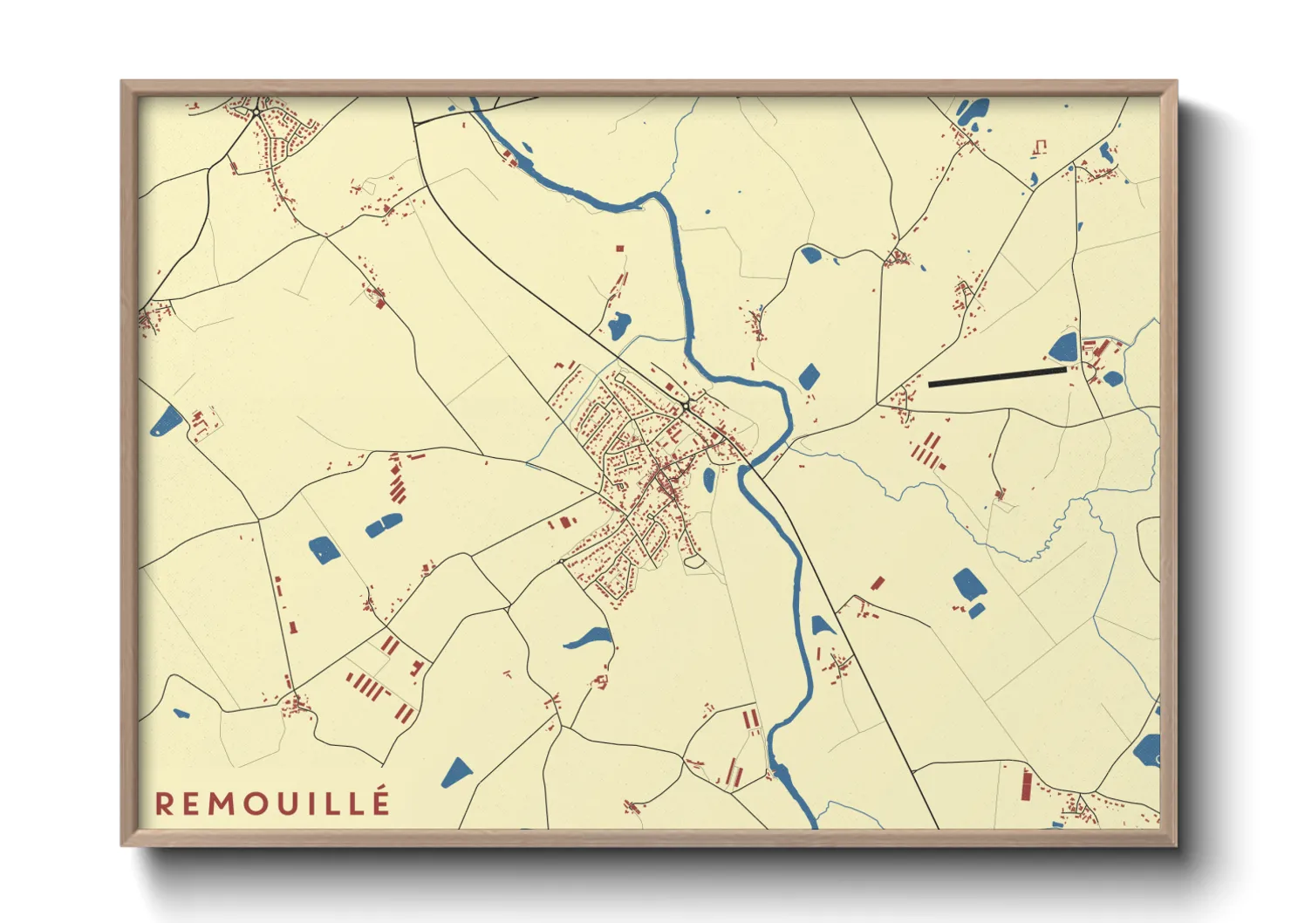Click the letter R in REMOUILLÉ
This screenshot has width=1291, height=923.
tap(163, 803)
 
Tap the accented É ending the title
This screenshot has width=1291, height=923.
tap(381, 802)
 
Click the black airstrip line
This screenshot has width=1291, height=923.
tap(997, 377)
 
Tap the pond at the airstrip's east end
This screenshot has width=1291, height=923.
tap(1064, 347)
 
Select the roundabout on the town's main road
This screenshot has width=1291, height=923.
tap(689, 406)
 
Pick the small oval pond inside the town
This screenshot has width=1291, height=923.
tap(709, 478)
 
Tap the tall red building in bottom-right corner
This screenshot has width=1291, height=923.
tap(1027, 784)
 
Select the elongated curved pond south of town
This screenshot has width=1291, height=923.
tap(589, 638)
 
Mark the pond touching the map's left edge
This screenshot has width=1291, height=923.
tap(167, 421)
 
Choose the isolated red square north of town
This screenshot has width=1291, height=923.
tap(620, 249)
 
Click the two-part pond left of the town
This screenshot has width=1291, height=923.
tap(384, 524)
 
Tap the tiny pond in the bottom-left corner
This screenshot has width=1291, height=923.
tap(181, 714)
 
